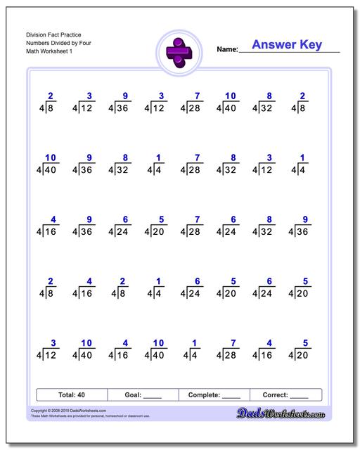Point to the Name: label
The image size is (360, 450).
(227, 49)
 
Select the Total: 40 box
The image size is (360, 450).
(71, 395)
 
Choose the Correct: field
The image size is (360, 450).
(285, 395)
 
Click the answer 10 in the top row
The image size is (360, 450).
(231, 96)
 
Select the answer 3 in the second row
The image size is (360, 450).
(268, 157)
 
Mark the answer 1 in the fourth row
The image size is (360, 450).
(159, 281)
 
